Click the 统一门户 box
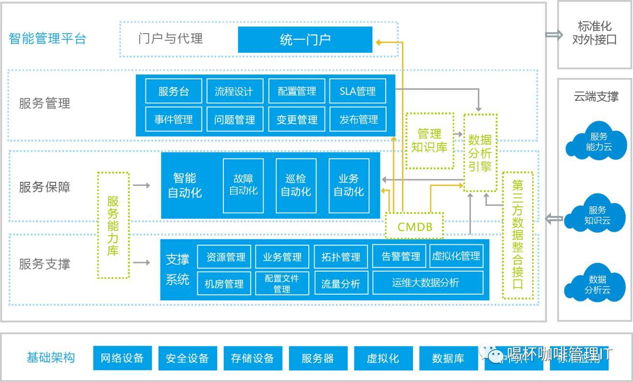click(x=305, y=39)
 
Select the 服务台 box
click(x=174, y=91)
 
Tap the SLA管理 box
click(x=357, y=91)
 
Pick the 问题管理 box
click(x=234, y=119)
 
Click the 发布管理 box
click(x=358, y=119)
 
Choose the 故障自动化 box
click(x=243, y=185)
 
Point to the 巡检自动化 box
click(x=296, y=185)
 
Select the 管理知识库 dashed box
click(x=429, y=141)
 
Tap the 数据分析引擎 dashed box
click(x=480, y=153)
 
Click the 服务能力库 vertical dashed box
click(x=113, y=225)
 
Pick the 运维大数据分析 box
click(x=427, y=283)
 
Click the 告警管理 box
click(x=401, y=257)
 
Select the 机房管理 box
click(x=224, y=284)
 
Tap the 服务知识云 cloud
click(x=597, y=215)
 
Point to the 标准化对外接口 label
click(x=594, y=33)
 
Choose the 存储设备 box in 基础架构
click(x=252, y=358)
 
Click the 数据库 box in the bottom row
click(x=448, y=358)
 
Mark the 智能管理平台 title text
click(x=47, y=38)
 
